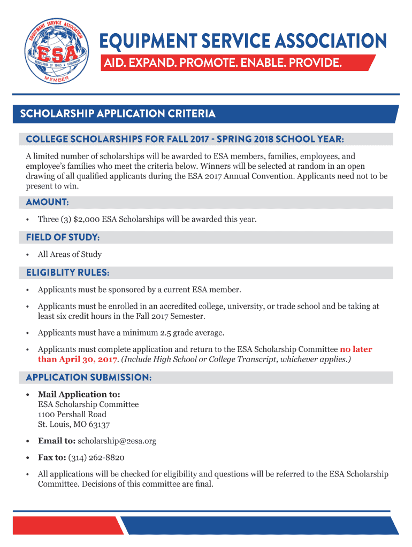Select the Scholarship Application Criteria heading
click(118, 114)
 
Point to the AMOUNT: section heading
click(47, 202)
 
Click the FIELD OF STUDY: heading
click(63, 237)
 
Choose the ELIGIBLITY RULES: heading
click(67, 273)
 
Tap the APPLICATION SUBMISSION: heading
click(88, 378)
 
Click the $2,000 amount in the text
click(87, 219)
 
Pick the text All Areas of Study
click(70, 254)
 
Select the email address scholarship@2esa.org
click(117, 441)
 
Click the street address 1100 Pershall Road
click(72, 415)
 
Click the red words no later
click(356, 349)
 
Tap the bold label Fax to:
click(52, 458)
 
